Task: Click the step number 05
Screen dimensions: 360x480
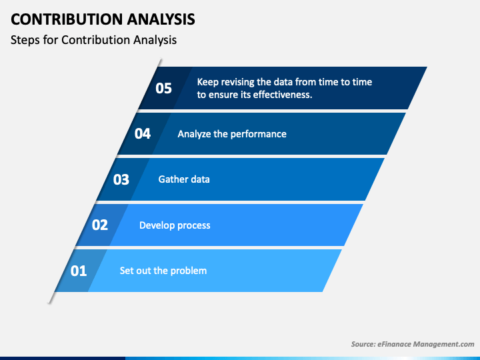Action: coord(164,88)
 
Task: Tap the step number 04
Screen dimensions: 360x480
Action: coord(143,133)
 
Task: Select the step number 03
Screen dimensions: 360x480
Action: coord(121,179)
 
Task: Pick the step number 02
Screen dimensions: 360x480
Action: coord(100,225)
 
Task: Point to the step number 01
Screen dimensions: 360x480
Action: coord(79,271)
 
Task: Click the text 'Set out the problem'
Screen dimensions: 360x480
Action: coord(163,271)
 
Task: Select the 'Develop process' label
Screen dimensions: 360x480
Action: coord(175,225)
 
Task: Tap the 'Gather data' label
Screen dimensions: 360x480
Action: coord(184,179)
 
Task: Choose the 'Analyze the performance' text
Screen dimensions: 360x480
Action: coord(232,134)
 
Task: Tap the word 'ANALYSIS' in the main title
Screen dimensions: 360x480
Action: coord(159,19)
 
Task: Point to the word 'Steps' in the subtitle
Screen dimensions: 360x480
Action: coord(25,40)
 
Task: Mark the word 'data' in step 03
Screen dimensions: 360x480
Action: coord(200,179)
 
